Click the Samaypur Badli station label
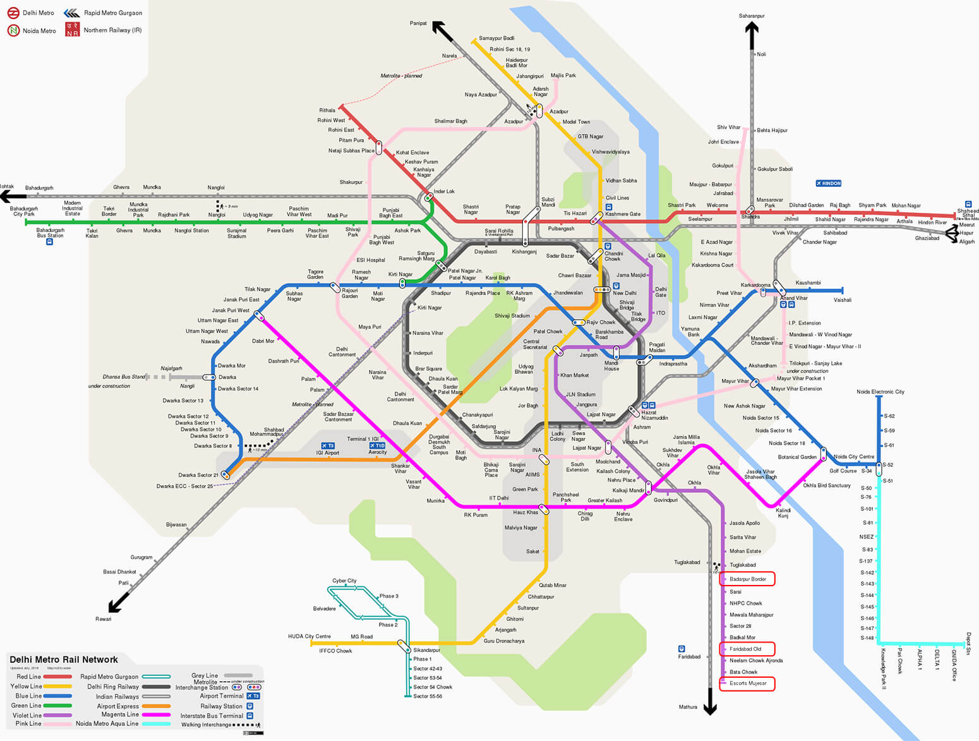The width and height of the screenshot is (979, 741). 496,39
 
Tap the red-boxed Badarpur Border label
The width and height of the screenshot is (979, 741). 747,579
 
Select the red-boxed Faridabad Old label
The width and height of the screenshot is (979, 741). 746,649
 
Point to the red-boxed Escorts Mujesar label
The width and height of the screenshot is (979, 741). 748,684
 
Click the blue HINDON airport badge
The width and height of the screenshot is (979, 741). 829,183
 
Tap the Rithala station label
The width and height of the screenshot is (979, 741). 327,111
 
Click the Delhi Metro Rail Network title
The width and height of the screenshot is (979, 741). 64,660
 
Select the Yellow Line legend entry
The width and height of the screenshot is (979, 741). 26,686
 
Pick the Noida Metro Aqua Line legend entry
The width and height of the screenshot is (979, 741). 107,724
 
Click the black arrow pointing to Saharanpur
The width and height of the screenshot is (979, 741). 752,35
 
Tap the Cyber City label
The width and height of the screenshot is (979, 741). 344,581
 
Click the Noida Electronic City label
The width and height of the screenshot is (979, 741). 880,392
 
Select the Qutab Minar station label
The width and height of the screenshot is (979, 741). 553,585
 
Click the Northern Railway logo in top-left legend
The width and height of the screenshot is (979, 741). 73,30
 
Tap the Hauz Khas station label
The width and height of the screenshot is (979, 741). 526,512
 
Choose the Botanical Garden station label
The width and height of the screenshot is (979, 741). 797,457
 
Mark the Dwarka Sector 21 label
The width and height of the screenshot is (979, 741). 198,475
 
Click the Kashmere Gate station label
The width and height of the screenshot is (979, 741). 623,214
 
